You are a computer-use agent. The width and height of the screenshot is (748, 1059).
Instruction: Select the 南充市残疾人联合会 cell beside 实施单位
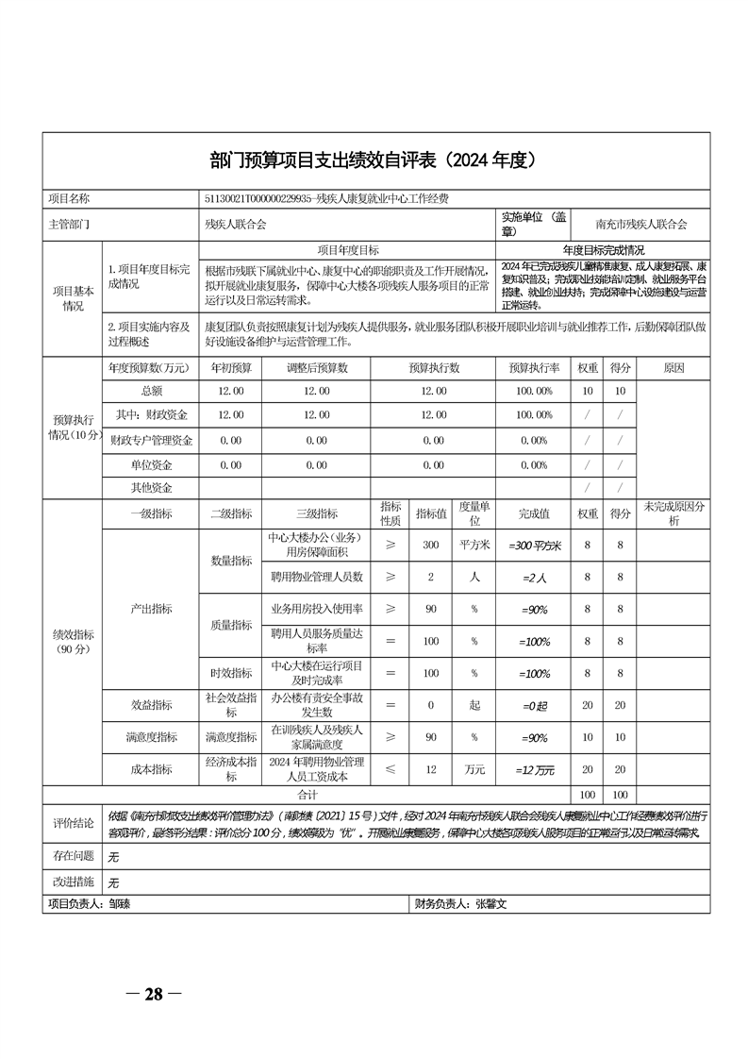pos(641,225)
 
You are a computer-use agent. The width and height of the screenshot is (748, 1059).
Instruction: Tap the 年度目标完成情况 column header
pos(603,250)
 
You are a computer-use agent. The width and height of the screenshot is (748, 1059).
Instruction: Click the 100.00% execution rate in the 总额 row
pos(534,390)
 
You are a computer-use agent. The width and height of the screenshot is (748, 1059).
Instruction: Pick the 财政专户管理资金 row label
pos(151,440)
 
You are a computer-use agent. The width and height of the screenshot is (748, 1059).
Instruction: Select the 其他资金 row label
pos(151,488)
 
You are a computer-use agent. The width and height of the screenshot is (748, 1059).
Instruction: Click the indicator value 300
pos(430,546)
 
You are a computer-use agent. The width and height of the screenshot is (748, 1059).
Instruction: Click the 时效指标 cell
pos(230,673)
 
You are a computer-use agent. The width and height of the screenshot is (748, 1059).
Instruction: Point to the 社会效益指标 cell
pos(230,705)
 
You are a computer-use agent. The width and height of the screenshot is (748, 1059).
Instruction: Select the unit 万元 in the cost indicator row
pos(474,769)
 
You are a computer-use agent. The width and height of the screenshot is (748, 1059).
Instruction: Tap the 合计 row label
pos(307,795)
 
